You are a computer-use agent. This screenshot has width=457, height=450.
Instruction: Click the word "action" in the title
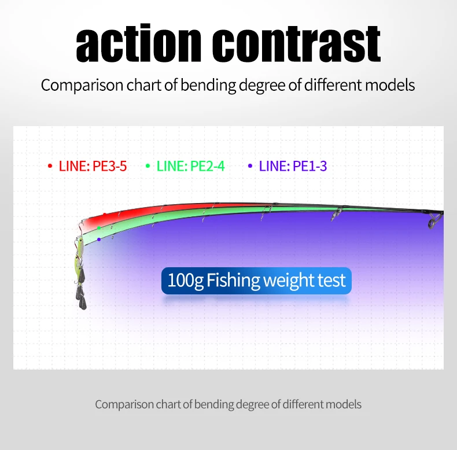(x=138, y=43)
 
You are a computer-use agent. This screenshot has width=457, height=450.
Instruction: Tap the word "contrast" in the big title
(x=296, y=44)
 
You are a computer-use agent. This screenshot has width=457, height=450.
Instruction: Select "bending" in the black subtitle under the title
(x=208, y=86)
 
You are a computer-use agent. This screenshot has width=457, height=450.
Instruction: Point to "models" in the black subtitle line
(x=390, y=85)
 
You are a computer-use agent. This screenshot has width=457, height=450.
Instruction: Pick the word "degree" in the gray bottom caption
(x=252, y=405)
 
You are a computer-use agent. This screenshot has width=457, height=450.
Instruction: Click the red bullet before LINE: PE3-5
(x=50, y=166)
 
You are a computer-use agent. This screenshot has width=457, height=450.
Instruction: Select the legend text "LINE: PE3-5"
(x=93, y=166)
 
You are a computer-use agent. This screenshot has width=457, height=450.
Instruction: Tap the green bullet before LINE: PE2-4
(x=148, y=166)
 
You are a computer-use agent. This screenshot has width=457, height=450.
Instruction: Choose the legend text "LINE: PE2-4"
(x=191, y=166)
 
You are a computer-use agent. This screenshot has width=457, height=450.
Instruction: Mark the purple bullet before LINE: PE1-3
(x=250, y=166)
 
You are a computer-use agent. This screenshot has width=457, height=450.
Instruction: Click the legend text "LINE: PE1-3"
(x=293, y=166)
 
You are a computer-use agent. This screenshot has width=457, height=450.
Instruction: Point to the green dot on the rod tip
(x=99, y=228)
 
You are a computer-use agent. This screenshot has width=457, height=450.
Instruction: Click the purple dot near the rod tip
(x=99, y=239)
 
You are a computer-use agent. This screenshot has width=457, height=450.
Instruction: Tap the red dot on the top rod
(x=105, y=215)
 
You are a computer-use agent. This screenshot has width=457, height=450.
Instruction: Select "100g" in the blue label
(x=185, y=281)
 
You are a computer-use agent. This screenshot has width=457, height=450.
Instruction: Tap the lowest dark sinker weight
(x=83, y=303)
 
